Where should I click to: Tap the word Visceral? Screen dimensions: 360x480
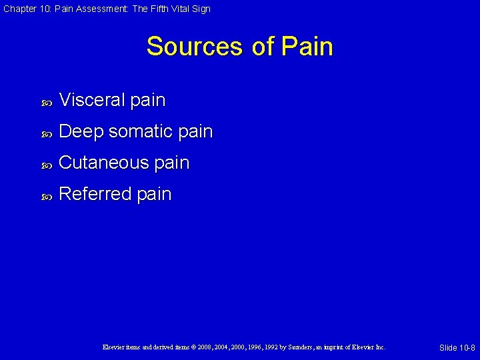point(91,100)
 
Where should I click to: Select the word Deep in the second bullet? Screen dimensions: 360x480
point(81,132)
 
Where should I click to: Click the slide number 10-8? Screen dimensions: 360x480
point(465,348)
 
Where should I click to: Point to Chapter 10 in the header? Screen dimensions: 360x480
point(21,9)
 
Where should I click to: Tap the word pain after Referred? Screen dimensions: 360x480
point(154,195)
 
